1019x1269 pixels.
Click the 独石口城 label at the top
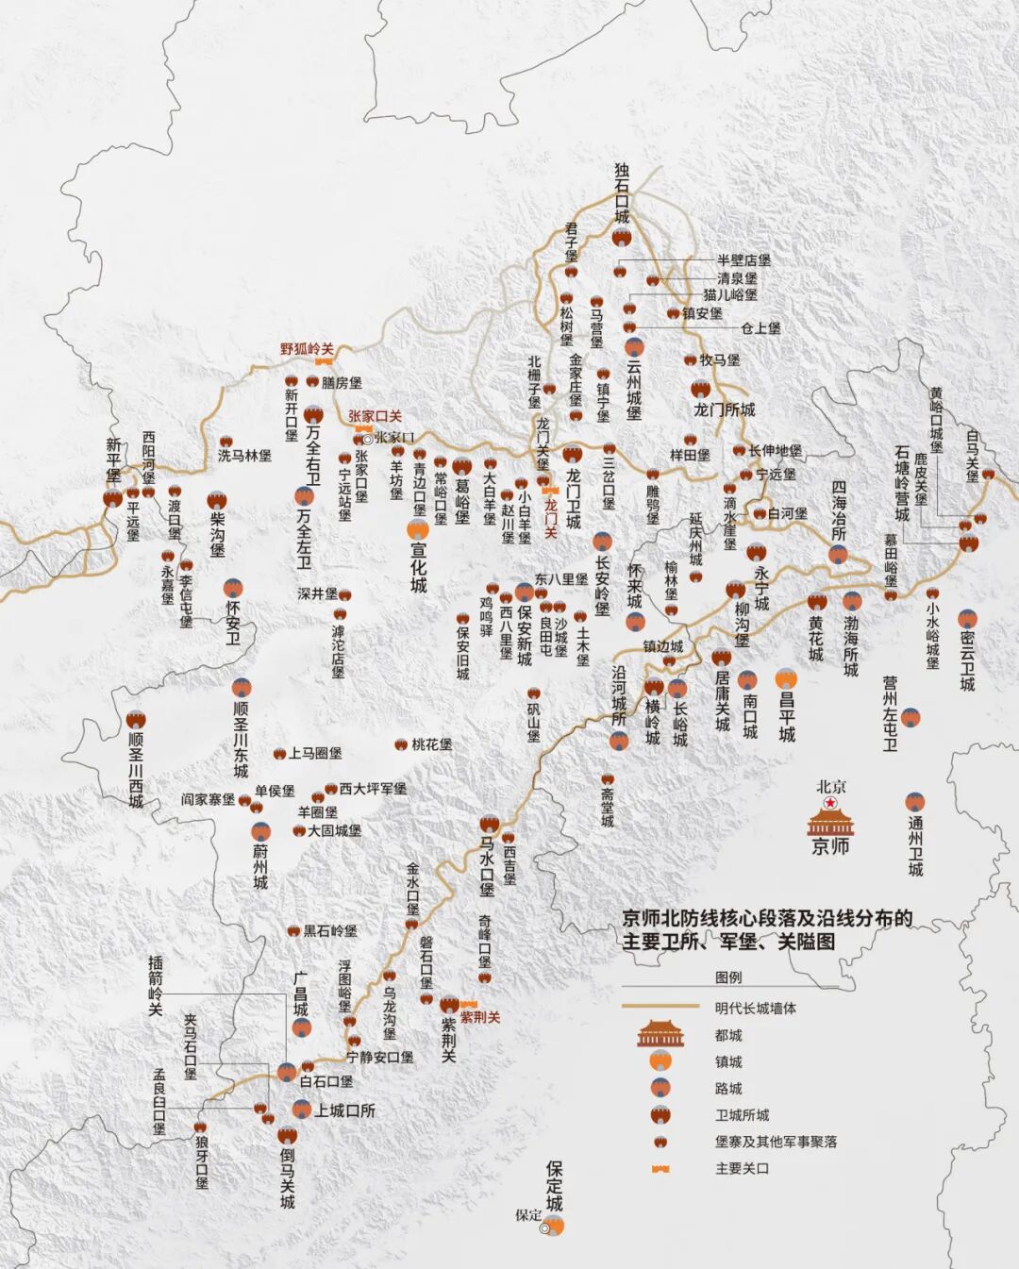621,192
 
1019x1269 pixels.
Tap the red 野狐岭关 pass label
307,349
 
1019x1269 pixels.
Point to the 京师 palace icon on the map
829,822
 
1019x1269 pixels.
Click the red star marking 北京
830,803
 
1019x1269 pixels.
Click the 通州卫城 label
915,845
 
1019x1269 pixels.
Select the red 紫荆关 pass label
479,1017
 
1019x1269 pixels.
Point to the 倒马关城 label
287,1177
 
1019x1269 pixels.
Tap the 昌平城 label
787,716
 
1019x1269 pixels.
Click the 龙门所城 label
724,409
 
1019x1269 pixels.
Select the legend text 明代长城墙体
755,1008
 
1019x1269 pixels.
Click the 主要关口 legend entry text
742,1168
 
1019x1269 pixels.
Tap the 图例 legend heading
728,977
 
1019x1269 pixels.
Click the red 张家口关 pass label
375,416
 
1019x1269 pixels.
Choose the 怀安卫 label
232,624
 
